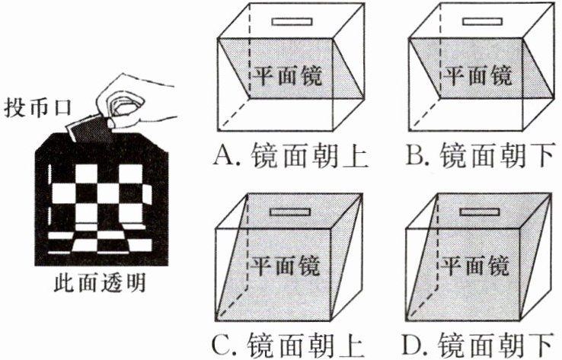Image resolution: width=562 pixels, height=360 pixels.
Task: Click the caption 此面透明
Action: coord(100,283)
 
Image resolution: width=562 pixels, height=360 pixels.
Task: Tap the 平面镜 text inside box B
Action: coord(477,76)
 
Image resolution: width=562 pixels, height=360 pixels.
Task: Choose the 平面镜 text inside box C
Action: coord(286,266)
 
